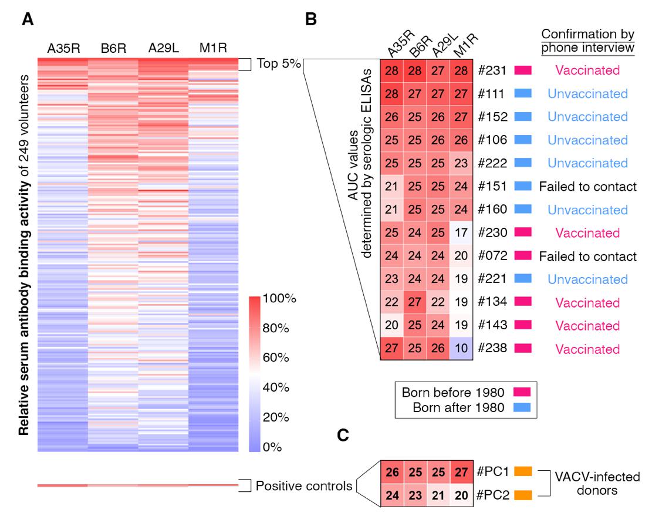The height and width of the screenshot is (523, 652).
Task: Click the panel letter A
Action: pos(27,20)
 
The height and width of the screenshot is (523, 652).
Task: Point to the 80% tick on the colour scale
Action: pos(275,329)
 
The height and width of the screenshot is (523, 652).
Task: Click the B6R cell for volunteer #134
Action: pos(415,302)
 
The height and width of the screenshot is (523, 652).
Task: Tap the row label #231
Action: pos(492,70)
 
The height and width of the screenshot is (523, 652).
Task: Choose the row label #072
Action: pos(492,256)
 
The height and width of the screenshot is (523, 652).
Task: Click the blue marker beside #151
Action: pos(523,187)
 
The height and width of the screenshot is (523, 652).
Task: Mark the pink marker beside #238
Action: pos(523,349)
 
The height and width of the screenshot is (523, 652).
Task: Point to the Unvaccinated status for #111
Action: pos(587,93)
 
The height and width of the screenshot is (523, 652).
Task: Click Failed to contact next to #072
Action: pos(587,256)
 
